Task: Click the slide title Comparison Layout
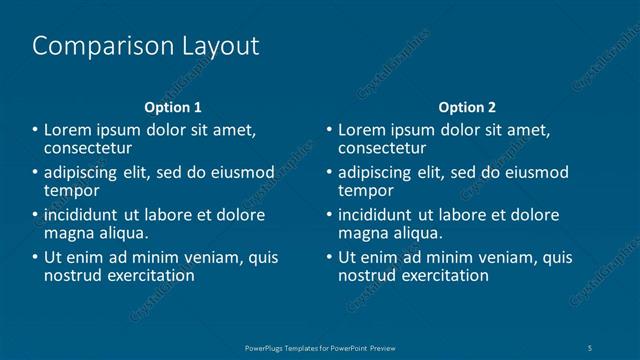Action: point(146,46)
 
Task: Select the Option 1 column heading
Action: point(173,107)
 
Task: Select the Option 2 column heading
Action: point(467,107)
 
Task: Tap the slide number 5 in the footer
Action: point(592,347)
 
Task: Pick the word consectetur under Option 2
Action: point(382,147)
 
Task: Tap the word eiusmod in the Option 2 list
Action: point(535,173)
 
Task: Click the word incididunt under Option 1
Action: point(86,215)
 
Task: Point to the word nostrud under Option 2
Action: point(363,275)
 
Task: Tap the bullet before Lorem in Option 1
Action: point(35,131)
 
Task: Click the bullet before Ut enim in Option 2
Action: point(329,258)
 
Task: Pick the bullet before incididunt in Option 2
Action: point(329,215)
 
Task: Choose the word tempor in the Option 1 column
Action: point(71,190)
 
